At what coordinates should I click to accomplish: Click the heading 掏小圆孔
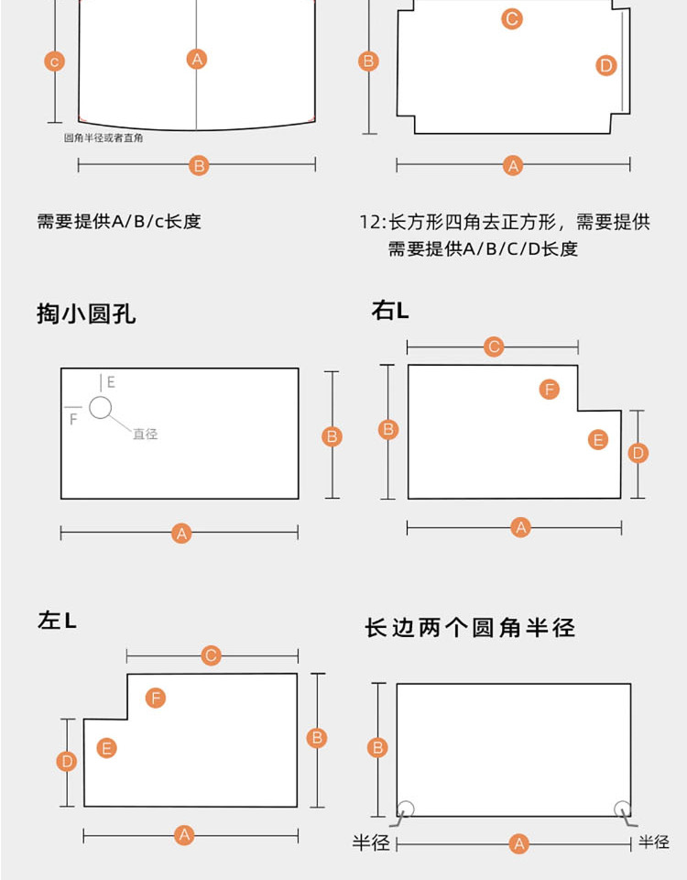[x=86, y=313]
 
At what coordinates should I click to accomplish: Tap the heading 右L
[x=390, y=311]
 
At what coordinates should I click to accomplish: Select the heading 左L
[x=57, y=621]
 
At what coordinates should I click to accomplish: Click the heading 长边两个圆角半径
[x=470, y=628]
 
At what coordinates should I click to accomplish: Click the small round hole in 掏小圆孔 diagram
[x=100, y=407]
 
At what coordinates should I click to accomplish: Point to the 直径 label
[x=145, y=434]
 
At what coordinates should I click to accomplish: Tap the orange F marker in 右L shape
[x=549, y=390]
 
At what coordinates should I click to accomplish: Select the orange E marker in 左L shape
[x=106, y=748]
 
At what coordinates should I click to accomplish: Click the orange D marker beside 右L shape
[x=638, y=453]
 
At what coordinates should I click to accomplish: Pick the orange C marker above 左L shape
[x=212, y=655]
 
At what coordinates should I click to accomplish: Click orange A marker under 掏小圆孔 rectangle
[x=180, y=533]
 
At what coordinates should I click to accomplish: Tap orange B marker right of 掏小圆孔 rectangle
[x=333, y=436]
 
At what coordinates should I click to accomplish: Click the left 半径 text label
[x=371, y=842]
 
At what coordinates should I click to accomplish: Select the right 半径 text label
[x=654, y=841]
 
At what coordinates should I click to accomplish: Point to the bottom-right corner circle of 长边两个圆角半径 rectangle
[x=623, y=808]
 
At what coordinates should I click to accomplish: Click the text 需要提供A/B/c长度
[x=118, y=221]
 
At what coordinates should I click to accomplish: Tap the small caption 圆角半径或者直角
[x=103, y=138]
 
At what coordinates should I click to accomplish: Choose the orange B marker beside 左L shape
[x=317, y=738]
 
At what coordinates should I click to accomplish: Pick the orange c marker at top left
[x=55, y=61]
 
